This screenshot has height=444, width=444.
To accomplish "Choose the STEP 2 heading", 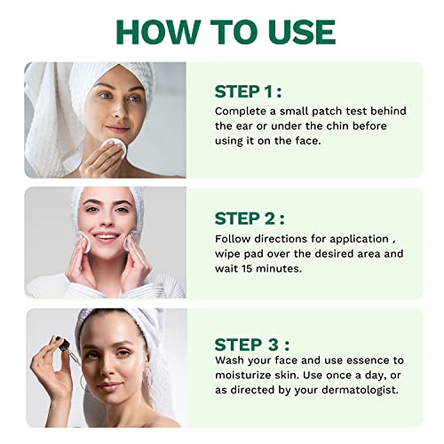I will pyautogui.click(x=248, y=218).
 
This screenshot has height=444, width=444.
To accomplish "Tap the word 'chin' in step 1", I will pyautogui.click(x=338, y=126).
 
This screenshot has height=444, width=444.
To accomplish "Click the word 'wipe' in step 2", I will pyautogui.click(x=229, y=254).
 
